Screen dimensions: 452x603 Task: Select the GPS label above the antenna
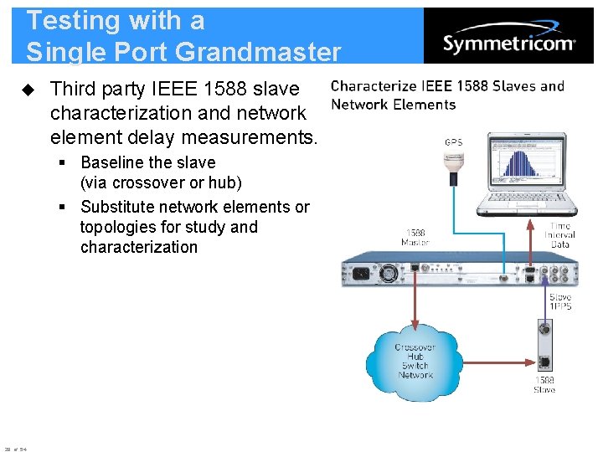(x=453, y=142)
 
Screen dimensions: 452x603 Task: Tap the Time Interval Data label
(x=560, y=234)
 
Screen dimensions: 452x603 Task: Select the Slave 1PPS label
(x=560, y=301)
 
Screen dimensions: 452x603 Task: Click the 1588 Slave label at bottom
(x=544, y=385)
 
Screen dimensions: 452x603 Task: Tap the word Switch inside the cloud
(x=415, y=366)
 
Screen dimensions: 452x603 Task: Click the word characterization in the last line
(x=139, y=247)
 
